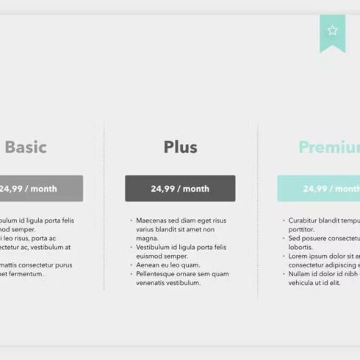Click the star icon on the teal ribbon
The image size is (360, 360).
click(333, 30)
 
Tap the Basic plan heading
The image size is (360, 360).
click(26, 147)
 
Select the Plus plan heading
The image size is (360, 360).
click(180, 147)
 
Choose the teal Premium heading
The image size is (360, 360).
click(329, 148)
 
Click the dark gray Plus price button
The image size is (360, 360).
click(180, 188)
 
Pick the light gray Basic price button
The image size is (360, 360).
click(40, 188)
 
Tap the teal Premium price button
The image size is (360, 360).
click(319, 188)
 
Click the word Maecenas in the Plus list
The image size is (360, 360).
click(153, 220)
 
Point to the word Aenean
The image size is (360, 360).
click(148, 265)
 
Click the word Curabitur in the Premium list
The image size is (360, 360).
click(304, 220)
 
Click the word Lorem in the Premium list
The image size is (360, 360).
click(298, 256)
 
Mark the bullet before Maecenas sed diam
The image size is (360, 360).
click(131, 220)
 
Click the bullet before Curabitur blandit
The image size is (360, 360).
click(284, 220)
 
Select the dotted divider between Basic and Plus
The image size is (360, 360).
click(104, 206)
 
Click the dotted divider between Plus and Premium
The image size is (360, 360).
click(257, 206)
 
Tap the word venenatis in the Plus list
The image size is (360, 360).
click(153, 283)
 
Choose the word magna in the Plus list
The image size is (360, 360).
click(148, 239)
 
